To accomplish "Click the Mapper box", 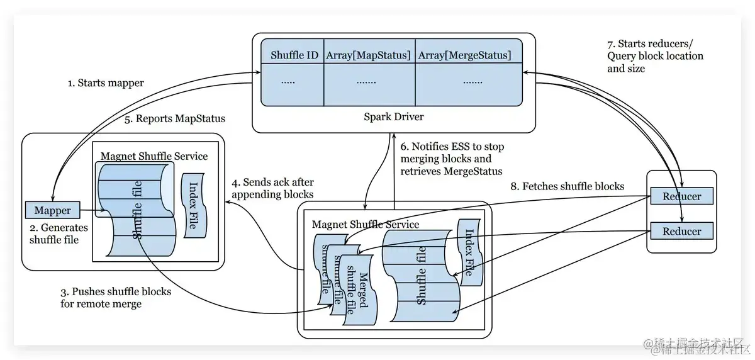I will pos(53,210).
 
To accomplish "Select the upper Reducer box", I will pos(682,196).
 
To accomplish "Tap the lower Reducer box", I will pos(682,231).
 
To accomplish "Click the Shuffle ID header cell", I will pos(294,55).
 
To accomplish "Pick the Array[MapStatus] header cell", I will pos(369,55).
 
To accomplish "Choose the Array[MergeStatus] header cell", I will pos(464,55).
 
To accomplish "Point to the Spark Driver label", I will pos(394,117).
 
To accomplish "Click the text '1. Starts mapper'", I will pos(106,83).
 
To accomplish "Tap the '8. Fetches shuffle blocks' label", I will pos(566,186).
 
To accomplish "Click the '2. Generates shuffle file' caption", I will pos(59,233).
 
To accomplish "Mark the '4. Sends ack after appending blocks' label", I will pos(273,188).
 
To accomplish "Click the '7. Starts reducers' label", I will pos(654,55).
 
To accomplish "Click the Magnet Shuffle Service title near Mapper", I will pos(154,156).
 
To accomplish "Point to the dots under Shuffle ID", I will pos(288,81).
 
